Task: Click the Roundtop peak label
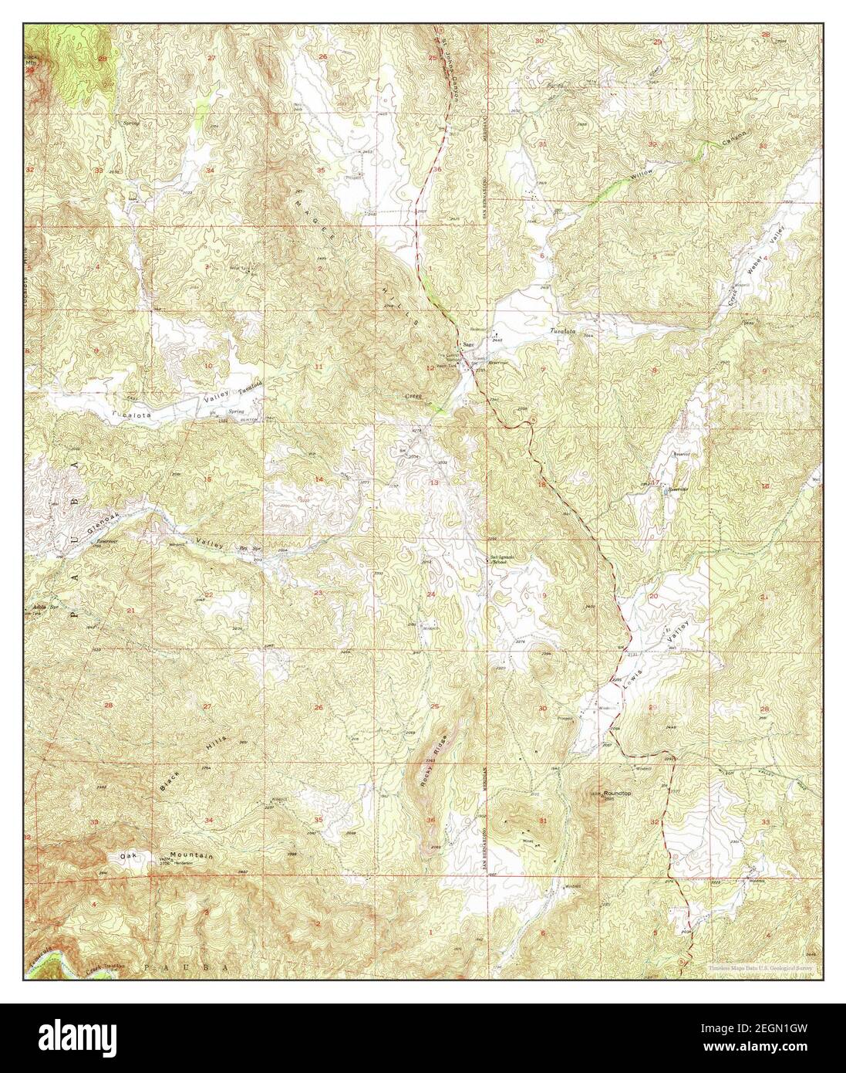click(x=619, y=792)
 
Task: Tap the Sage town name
click(x=468, y=345)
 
